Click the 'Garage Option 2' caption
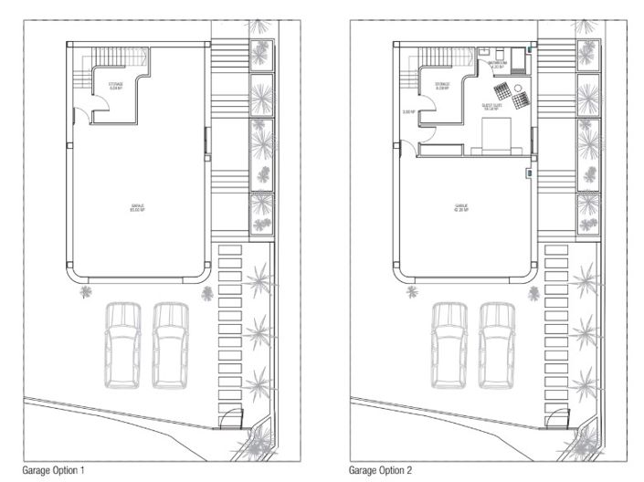click(x=381, y=470)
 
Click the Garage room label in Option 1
click(x=137, y=208)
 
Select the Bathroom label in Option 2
click(x=498, y=65)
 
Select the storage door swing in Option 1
click(x=83, y=114)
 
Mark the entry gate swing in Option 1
click(x=228, y=419)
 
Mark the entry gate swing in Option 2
click(x=554, y=419)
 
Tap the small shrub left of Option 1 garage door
click(x=86, y=291)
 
